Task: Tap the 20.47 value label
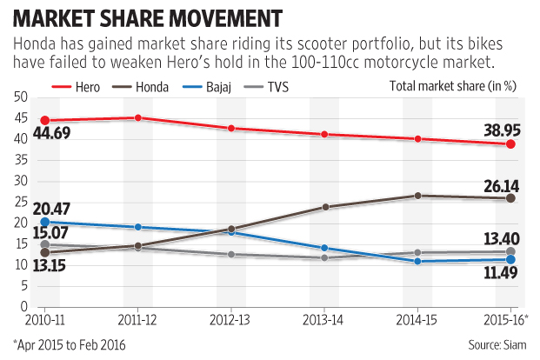[x=54, y=207]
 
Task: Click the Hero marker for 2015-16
[x=510, y=144]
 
